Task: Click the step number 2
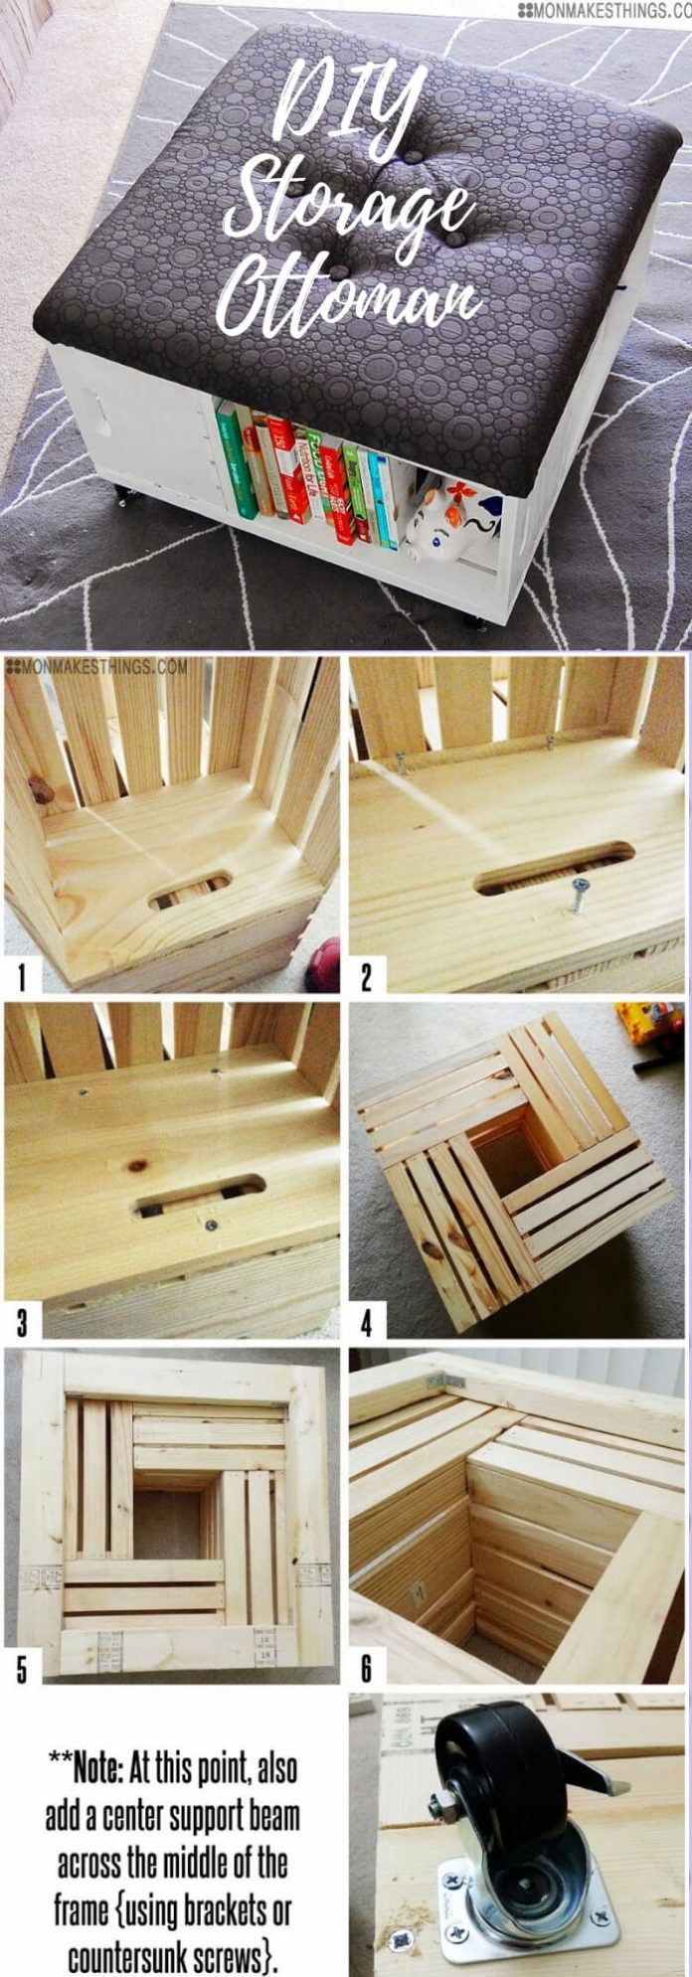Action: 366,978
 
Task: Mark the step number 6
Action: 366,1669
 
